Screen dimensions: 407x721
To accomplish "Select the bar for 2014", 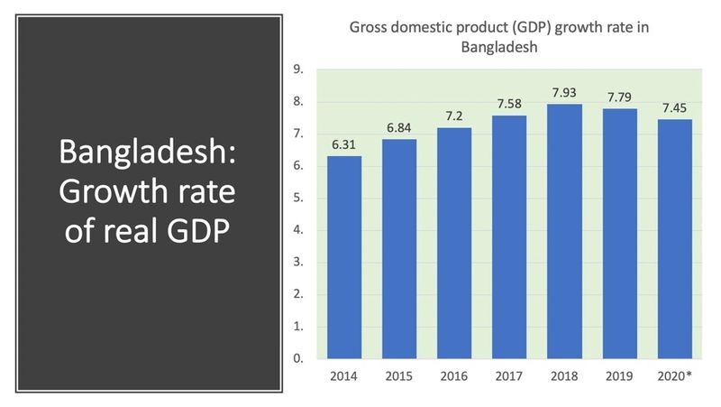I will point(343,257).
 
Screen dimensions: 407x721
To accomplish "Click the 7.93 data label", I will point(563,94).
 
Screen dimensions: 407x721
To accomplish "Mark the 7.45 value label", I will point(673,109).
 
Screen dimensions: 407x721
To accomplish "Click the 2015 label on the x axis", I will point(398,375).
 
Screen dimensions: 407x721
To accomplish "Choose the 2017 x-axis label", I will point(508,375).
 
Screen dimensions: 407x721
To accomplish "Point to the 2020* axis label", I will point(674,375).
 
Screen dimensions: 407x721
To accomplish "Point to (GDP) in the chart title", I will point(513,28).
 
